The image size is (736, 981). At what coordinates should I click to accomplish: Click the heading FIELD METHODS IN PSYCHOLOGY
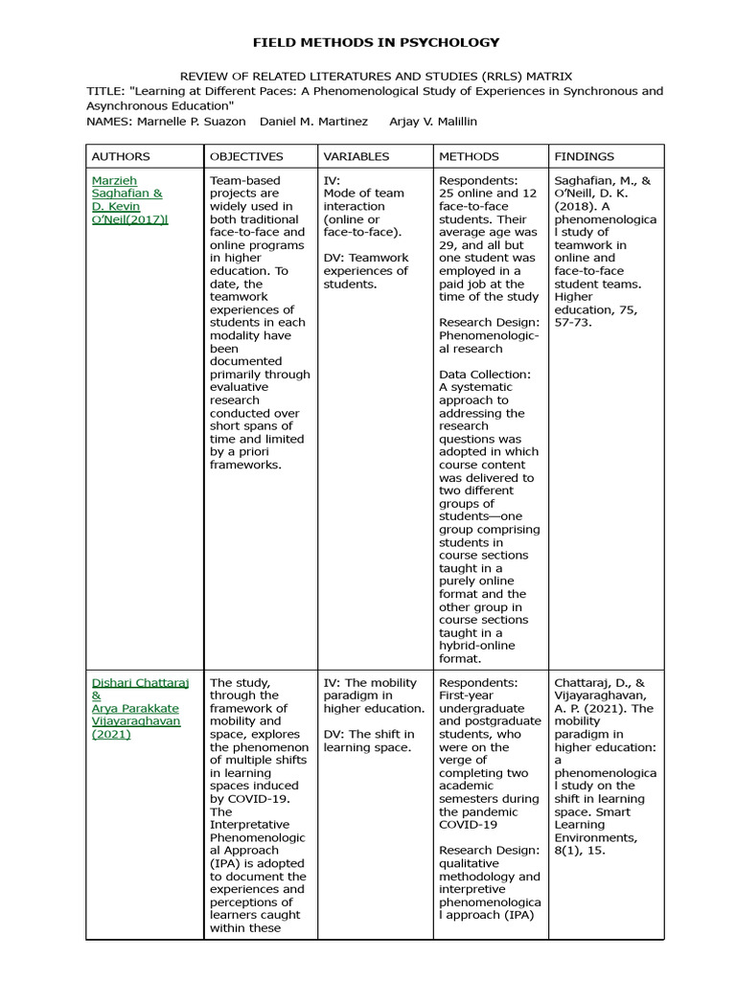tap(376, 42)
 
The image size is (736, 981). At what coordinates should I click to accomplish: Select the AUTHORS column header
tap(121, 156)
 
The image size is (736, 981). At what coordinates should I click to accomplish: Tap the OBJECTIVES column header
tap(246, 156)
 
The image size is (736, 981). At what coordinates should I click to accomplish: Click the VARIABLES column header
tap(356, 156)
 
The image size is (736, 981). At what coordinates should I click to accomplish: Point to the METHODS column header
tap(469, 156)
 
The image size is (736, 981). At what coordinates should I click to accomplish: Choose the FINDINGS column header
tap(585, 156)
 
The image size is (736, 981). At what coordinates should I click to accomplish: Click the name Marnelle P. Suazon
tap(192, 122)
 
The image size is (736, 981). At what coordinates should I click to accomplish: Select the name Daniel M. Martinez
tap(313, 122)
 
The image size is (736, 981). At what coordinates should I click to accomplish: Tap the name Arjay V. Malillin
tap(433, 122)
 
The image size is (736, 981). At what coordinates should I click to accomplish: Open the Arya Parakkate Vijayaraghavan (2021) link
tap(135, 721)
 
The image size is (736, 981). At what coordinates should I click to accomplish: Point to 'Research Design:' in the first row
tap(489, 323)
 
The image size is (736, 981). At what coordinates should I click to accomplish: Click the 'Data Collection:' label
tap(485, 375)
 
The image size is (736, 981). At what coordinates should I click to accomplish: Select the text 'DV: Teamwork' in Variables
tap(366, 258)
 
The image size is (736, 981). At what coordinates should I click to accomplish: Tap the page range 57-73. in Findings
tap(573, 323)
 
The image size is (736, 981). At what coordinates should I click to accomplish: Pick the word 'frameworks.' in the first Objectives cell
tap(246, 465)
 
